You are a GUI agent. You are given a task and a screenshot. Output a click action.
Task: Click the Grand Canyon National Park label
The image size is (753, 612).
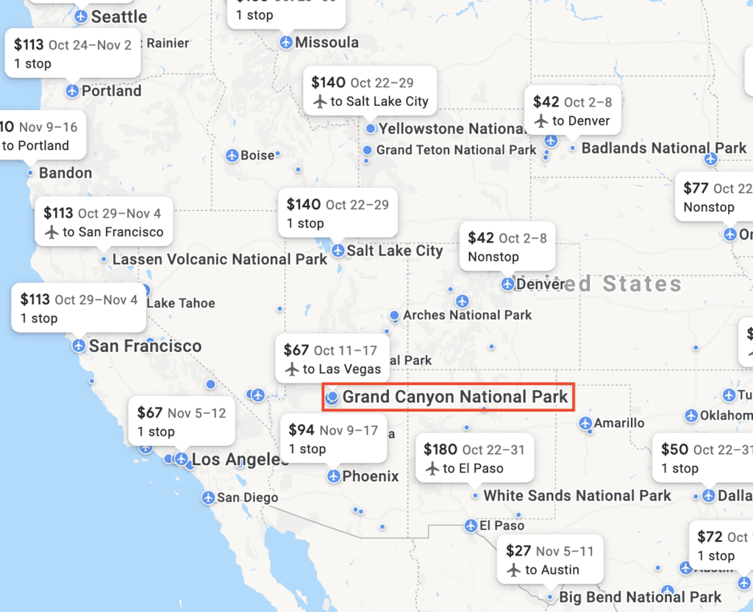coord(454,397)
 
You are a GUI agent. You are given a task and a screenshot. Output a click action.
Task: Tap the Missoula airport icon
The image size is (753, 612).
coord(286,43)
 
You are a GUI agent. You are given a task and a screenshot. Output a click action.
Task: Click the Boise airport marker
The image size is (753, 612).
coord(232,156)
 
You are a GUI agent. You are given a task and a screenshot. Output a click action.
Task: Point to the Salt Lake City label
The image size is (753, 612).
coord(394,251)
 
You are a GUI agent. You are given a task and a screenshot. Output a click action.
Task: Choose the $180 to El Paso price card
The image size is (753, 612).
coord(474,458)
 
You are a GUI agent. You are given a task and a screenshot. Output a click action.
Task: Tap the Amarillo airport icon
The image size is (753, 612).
coord(585,423)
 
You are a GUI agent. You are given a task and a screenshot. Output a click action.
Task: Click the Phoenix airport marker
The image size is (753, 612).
coord(334,476)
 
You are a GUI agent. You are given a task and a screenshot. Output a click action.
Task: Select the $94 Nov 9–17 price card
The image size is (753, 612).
coord(333,439)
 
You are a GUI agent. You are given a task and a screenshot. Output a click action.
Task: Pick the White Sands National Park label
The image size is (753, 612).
coord(577,496)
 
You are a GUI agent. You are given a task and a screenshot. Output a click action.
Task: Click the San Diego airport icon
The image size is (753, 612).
coord(209,497)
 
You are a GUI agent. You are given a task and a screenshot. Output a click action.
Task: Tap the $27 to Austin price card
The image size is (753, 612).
coord(550,560)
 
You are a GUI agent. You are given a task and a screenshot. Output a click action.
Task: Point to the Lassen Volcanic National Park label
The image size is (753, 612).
coord(219,259)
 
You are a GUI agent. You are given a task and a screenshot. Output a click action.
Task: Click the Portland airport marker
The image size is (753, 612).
coord(72,91)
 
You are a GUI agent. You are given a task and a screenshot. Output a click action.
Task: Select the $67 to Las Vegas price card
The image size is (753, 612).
coord(332,359)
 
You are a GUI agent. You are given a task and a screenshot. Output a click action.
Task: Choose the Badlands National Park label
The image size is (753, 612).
coord(663,148)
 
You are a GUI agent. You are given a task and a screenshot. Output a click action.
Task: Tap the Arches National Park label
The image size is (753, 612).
coord(467,315)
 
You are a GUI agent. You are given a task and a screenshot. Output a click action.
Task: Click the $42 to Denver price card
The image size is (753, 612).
coord(572,111)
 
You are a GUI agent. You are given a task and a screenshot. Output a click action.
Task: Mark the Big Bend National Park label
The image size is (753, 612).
coord(640,597)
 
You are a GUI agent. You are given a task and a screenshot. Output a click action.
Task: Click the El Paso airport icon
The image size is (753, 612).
coord(471,525)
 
